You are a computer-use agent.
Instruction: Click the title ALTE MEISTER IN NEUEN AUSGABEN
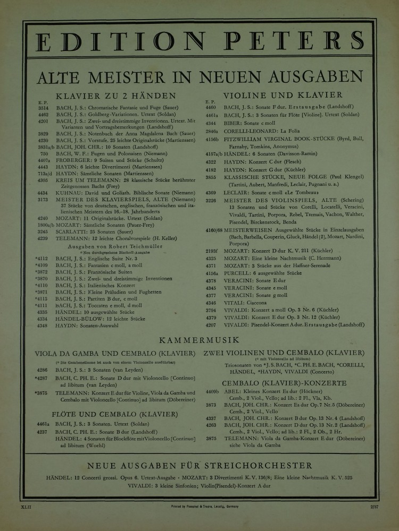(199, 78)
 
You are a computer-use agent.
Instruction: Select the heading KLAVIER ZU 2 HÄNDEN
(115, 96)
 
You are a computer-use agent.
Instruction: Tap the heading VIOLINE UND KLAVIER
(282, 96)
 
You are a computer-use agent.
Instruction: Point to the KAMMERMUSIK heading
(199, 340)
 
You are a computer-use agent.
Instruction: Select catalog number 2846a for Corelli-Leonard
(212, 130)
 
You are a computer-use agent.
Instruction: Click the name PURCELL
(240, 272)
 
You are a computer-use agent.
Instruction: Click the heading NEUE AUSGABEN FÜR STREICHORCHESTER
(199, 466)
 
